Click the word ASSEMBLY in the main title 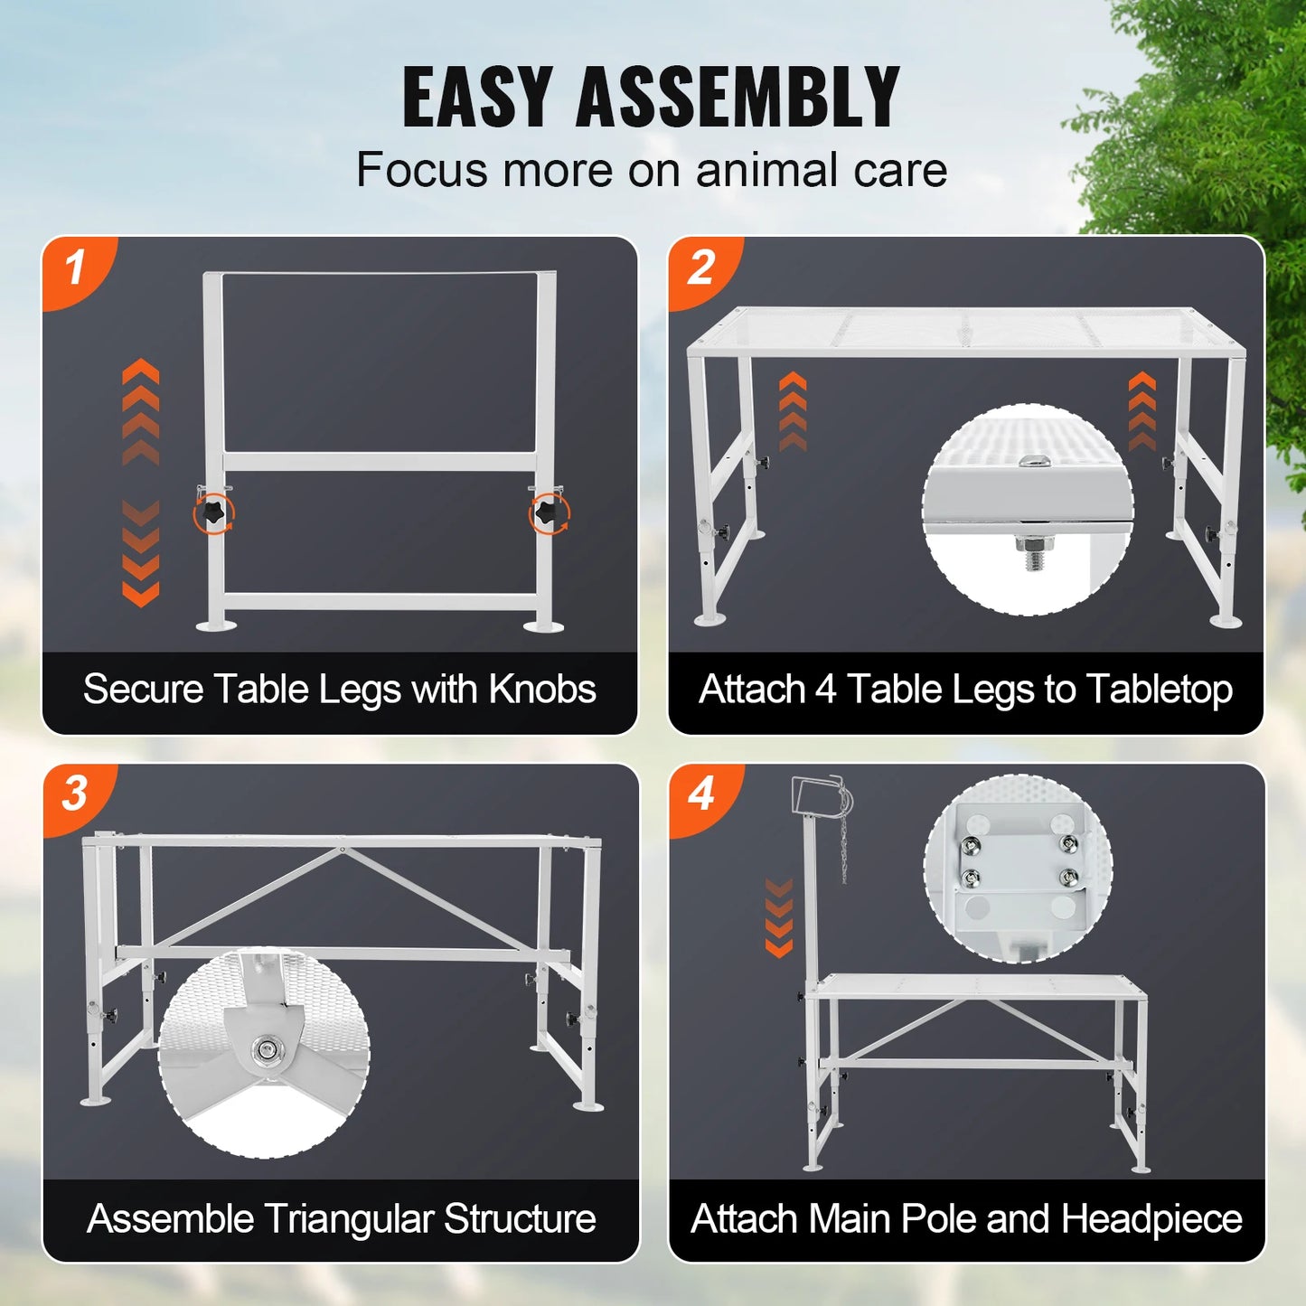(x=737, y=97)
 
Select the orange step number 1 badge (x=76, y=268)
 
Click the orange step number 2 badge (x=701, y=268)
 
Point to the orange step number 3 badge (x=75, y=794)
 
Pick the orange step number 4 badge (x=702, y=794)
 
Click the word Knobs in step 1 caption (x=542, y=690)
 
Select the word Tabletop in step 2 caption (x=1159, y=690)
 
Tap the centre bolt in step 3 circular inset (x=265, y=1049)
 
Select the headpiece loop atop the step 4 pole (x=818, y=794)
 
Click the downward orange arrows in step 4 (x=778, y=917)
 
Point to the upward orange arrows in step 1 (x=141, y=411)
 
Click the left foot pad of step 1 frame (x=217, y=625)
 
